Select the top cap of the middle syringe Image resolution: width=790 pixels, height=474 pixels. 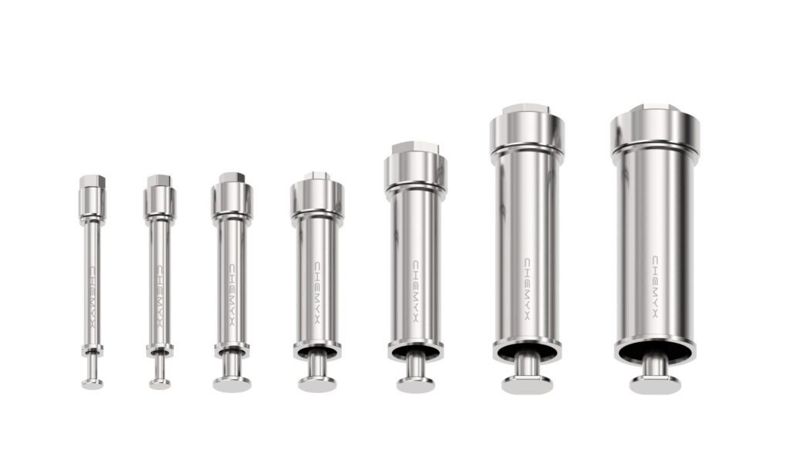(317, 196)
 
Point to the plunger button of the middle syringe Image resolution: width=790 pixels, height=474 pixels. (317, 383)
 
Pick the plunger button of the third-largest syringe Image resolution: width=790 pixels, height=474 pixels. (416, 383)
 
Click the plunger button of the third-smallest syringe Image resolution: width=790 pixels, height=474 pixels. (232, 383)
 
